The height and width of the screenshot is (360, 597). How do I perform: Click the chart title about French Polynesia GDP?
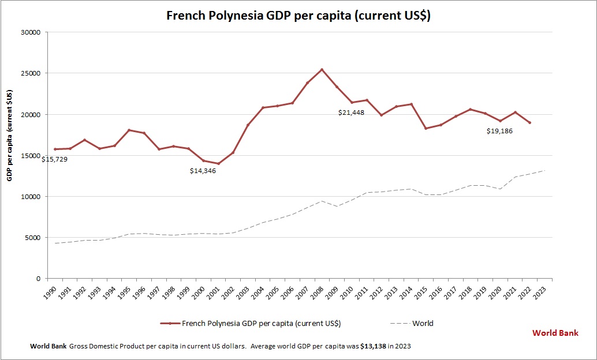pyautogui.click(x=298, y=16)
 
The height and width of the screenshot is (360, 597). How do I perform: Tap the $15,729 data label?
pyautogui.click(x=54, y=159)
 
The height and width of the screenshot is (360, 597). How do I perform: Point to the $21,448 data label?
pyautogui.click(x=351, y=112)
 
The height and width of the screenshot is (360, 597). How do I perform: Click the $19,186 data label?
pyautogui.click(x=499, y=131)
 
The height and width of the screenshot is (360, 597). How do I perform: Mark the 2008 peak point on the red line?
pyautogui.click(x=322, y=70)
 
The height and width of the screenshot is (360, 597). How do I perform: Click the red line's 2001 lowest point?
pyautogui.click(x=218, y=164)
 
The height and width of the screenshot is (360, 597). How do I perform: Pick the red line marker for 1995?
pyautogui.click(x=129, y=130)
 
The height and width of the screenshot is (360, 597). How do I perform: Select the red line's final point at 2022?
pyautogui.click(x=529, y=122)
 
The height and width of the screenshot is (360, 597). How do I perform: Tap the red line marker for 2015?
pyautogui.click(x=426, y=128)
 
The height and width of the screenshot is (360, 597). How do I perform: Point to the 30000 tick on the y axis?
pyautogui.click(x=30, y=32)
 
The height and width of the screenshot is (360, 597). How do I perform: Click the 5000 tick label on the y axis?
pyautogui.click(x=32, y=238)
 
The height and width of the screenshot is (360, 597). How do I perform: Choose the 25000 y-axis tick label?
pyautogui.click(x=30, y=73)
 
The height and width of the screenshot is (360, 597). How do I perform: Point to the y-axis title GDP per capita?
pyautogui.click(x=10, y=135)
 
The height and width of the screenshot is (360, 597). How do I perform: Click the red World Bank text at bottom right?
pyautogui.click(x=555, y=333)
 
